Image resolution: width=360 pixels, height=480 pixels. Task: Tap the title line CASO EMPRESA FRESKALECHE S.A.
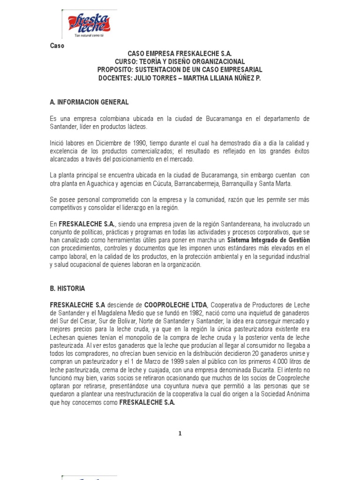pos(180,54)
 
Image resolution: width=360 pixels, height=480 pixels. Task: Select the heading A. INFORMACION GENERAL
pos(89,102)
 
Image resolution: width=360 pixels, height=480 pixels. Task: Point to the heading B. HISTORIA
pos(67,288)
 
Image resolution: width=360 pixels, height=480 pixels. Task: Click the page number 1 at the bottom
pos(180,434)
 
